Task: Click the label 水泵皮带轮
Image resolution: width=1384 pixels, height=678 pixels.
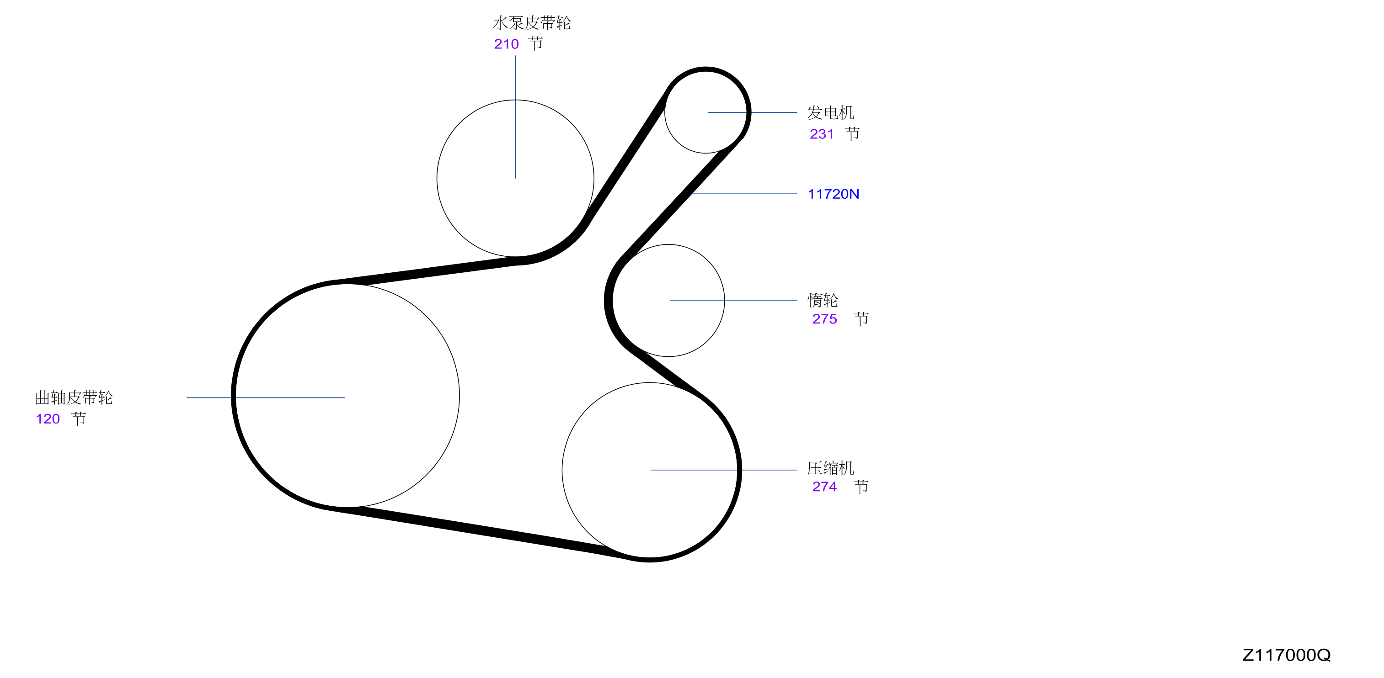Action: point(531,22)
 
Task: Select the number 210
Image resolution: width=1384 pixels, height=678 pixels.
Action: point(506,44)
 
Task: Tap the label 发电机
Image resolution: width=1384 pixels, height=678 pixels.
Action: point(831,113)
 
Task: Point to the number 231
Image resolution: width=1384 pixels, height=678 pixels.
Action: point(822,134)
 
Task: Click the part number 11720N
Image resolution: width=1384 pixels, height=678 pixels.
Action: point(834,194)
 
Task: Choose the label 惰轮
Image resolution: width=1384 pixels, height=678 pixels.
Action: point(823,300)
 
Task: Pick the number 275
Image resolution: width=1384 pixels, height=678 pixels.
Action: point(824,319)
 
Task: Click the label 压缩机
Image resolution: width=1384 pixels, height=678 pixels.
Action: point(831,468)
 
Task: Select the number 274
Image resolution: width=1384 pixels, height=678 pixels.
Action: point(824,487)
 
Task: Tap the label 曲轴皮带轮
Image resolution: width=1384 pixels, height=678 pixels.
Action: point(74,398)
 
